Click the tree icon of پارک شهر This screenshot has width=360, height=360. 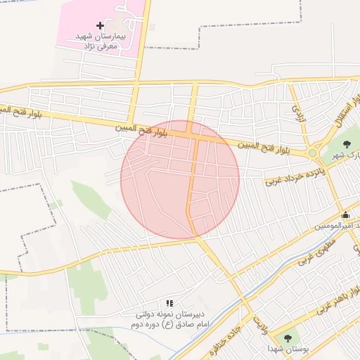[344, 144]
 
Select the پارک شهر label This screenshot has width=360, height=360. [345, 155]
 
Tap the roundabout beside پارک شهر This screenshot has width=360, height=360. [312, 153]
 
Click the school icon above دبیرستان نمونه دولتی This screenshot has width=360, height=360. [169, 302]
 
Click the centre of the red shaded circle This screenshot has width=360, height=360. [180, 180]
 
